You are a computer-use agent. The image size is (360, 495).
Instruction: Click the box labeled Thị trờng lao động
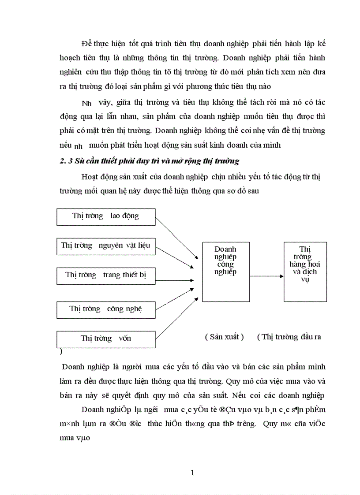click(106, 216)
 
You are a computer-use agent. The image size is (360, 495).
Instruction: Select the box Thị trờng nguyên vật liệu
click(106, 246)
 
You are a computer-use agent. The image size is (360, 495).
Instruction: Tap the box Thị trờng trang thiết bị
click(106, 275)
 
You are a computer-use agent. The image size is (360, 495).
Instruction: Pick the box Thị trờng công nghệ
click(106, 309)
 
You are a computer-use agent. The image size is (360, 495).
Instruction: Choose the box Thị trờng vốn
click(106, 339)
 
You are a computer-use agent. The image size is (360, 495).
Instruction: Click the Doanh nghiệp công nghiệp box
click(225, 272)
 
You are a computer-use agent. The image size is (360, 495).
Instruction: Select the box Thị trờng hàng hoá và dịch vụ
click(305, 272)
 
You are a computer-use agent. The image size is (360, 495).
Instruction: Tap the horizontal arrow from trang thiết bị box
click(174, 280)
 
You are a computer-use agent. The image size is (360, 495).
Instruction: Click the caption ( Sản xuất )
click(224, 337)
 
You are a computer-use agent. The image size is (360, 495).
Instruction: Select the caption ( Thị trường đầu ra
click(289, 337)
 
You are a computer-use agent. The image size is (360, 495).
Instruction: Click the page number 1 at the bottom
click(192, 473)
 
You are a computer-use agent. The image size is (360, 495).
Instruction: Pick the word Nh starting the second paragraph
click(86, 104)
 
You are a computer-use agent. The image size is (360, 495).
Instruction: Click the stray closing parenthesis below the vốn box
click(60, 352)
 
